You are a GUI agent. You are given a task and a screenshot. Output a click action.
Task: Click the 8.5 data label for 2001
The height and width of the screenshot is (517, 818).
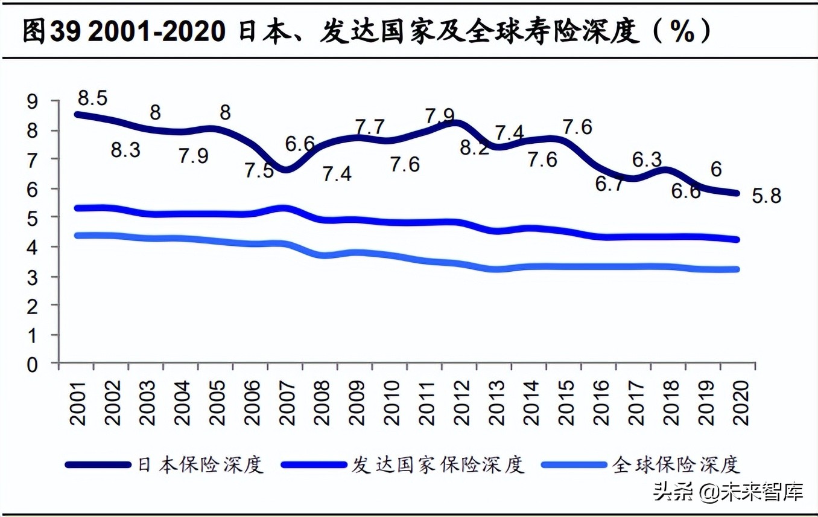click(x=92, y=97)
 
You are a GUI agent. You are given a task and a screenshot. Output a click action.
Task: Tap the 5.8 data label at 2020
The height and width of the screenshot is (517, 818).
click(x=766, y=196)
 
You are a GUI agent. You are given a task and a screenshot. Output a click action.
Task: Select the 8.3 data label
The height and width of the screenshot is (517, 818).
click(x=125, y=149)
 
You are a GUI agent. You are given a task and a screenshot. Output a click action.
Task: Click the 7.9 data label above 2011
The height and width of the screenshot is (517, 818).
click(x=440, y=115)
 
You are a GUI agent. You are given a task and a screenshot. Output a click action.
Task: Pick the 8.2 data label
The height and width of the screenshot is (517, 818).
click(x=473, y=148)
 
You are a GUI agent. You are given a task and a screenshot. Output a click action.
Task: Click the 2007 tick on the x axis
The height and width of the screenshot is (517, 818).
click(x=287, y=403)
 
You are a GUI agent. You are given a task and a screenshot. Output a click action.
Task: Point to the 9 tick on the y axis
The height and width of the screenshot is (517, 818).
click(x=31, y=101)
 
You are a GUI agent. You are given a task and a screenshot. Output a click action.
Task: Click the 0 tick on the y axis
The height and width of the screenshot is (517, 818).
click(x=31, y=364)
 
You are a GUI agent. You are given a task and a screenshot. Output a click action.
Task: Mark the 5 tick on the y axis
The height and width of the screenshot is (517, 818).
click(x=31, y=217)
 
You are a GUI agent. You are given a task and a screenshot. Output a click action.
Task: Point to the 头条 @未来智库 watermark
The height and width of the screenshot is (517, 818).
click(x=728, y=492)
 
